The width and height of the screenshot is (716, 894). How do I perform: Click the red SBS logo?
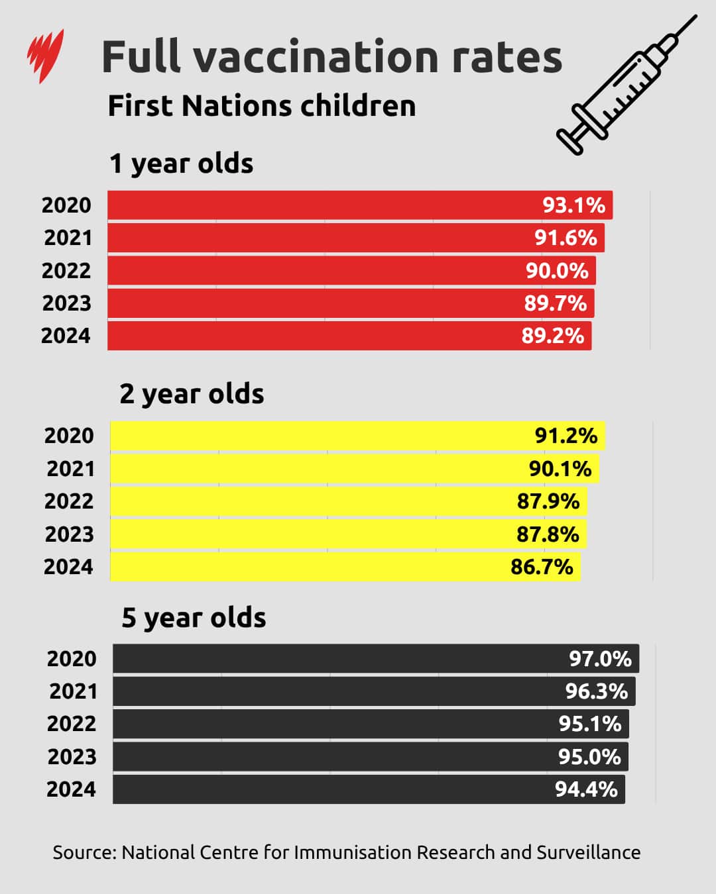pyautogui.click(x=45, y=56)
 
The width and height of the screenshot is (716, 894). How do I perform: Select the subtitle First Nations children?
pyautogui.click(x=261, y=106)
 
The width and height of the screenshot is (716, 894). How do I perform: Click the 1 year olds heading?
pyautogui.click(x=181, y=164)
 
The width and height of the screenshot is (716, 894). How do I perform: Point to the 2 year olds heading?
pyautogui.click(x=192, y=394)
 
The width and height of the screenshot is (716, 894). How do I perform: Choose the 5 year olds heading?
pyautogui.click(x=194, y=618)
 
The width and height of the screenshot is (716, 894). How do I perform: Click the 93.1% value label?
pyautogui.click(x=573, y=205)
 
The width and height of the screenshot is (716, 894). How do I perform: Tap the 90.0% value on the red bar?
pyautogui.click(x=557, y=271)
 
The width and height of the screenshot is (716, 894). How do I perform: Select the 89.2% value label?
pyautogui.click(x=552, y=336)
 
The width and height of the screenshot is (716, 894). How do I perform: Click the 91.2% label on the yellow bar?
pyautogui.click(x=566, y=436)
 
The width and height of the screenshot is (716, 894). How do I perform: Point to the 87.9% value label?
pyautogui.click(x=548, y=501)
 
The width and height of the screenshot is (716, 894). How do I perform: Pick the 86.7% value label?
pyautogui.click(x=541, y=567)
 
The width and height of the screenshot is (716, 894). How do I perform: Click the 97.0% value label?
pyautogui.click(x=600, y=659)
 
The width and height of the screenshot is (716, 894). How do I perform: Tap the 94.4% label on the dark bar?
pyautogui.click(x=586, y=789)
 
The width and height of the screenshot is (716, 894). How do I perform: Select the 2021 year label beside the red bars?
pyautogui.click(x=68, y=238)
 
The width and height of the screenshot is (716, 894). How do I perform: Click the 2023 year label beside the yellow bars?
pyautogui.click(x=69, y=534)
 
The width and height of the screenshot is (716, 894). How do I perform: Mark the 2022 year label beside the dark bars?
pyautogui.click(x=71, y=724)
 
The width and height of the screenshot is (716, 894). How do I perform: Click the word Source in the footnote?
pyautogui.click(x=83, y=852)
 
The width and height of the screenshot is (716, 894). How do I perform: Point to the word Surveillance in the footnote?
pyautogui.click(x=588, y=852)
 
